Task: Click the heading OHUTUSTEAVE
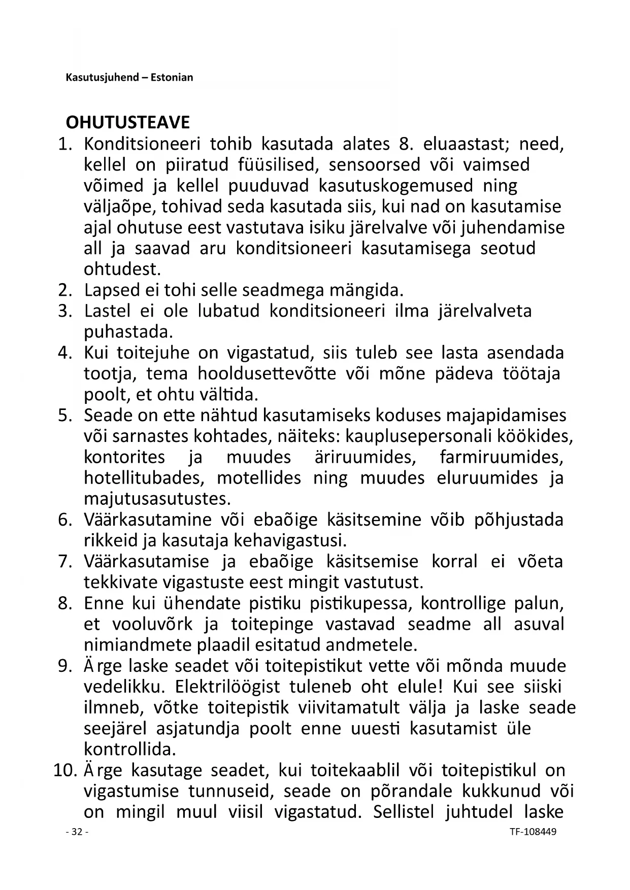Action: click(127, 123)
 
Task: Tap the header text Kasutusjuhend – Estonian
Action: click(129, 78)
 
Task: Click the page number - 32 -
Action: click(77, 832)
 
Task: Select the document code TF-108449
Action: click(525, 832)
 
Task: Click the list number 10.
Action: click(64, 770)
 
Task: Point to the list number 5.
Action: click(65, 415)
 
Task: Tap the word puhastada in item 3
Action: click(128, 332)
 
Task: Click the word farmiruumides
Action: click(502, 457)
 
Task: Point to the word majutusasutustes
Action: click(157, 499)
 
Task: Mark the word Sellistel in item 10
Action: click(404, 812)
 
